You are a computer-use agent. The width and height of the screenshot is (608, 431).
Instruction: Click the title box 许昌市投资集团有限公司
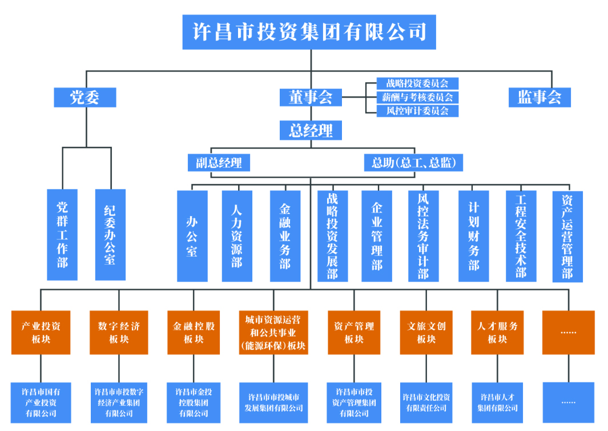(x=309, y=31)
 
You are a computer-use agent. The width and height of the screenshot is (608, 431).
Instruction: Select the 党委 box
(x=84, y=97)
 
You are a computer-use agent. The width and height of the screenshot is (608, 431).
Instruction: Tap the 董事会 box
(x=310, y=97)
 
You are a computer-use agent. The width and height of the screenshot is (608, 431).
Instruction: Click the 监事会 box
(x=539, y=97)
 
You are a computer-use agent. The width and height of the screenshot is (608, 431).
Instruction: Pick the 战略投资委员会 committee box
(x=417, y=83)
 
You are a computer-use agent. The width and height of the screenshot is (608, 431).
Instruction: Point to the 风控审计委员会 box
(x=417, y=111)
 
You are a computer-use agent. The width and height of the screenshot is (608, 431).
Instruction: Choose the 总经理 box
(x=310, y=130)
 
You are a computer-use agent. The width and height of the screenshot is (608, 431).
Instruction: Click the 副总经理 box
(x=219, y=163)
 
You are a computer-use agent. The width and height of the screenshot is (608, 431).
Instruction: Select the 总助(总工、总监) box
(x=413, y=163)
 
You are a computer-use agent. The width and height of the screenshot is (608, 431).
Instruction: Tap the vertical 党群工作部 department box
(x=62, y=235)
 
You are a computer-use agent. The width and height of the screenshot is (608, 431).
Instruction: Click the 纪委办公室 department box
(x=110, y=235)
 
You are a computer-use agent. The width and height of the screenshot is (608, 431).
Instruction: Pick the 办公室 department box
(x=192, y=236)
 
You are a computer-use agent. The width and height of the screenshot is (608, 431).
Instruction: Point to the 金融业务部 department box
(x=285, y=236)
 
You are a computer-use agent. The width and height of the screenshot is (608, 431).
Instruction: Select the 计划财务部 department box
(x=473, y=236)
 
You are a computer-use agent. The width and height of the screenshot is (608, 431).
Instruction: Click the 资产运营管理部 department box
(x=567, y=236)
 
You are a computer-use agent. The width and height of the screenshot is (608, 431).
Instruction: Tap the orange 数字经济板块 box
(x=118, y=332)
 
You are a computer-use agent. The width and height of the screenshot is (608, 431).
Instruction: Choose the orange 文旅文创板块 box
(x=426, y=332)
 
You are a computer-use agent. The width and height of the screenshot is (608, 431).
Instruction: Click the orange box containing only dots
(x=568, y=332)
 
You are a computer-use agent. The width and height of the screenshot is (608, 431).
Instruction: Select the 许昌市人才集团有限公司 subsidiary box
(x=497, y=402)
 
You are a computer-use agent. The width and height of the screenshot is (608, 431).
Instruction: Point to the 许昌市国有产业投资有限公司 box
(x=41, y=402)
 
